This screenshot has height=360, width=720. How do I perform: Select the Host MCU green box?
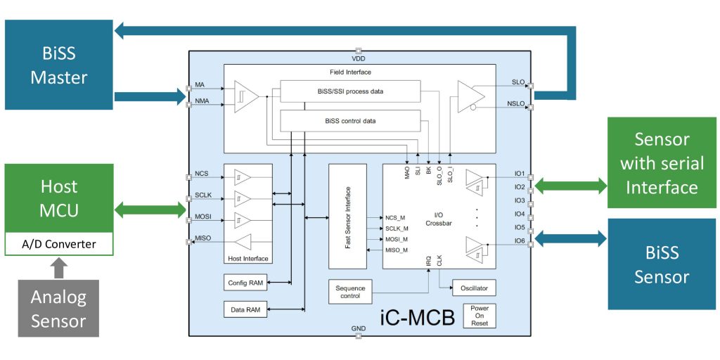tap(59, 198)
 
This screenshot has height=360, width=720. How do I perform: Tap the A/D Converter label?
tap(59, 245)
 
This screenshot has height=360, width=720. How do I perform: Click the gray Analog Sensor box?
tap(58, 309)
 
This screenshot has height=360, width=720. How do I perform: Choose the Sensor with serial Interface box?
tap(661, 162)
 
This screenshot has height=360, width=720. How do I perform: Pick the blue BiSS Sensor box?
tap(661, 264)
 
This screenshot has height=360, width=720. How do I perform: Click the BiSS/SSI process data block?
tap(350, 91)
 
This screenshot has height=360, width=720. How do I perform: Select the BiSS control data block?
tap(350, 121)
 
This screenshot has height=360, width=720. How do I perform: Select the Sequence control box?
tap(350, 291)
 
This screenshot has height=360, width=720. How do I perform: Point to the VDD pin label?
tap(358, 58)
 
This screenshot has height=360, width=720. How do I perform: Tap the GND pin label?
tap(358, 328)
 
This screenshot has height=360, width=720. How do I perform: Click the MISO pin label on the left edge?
tap(202, 239)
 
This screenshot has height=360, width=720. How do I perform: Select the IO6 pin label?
tap(519, 240)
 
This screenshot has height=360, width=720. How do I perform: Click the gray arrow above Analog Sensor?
tap(58, 269)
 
